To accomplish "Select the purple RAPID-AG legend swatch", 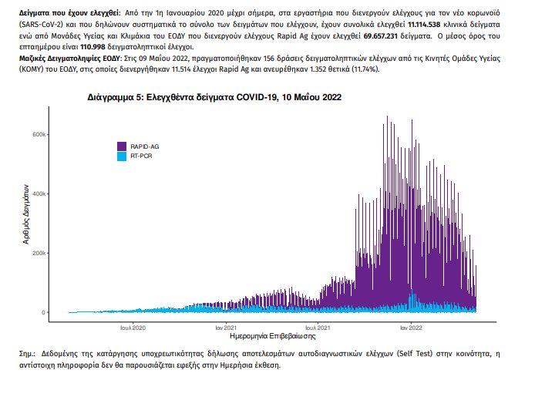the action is pyautogui.click(x=122, y=146).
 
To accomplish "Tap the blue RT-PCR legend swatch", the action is pyautogui.click(x=122, y=156).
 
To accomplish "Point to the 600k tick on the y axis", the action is pyautogui.click(x=39, y=134).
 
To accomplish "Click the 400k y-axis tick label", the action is pyautogui.click(x=39, y=193).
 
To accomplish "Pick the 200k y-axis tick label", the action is pyautogui.click(x=39, y=253).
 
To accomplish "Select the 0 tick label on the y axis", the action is pyautogui.click(x=43, y=312).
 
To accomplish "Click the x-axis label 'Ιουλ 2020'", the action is pyautogui.click(x=133, y=328).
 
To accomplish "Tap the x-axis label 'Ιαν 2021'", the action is pyautogui.click(x=226, y=328).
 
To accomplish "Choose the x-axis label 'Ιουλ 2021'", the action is pyautogui.click(x=318, y=328).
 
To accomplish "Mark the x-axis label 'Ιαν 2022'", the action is pyautogui.click(x=411, y=328).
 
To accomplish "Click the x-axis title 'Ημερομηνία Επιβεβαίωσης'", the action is pyautogui.click(x=273, y=336).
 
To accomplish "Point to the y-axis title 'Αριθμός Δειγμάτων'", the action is pyautogui.click(x=26, y=214).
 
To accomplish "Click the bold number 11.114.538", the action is pyautogui.click(x=424, y=25).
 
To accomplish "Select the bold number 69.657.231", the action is pyautogui.click(x=381, y=35).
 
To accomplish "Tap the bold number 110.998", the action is pyautogui.click(x=93, y=47).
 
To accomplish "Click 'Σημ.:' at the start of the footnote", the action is pyautogui.click(x=28, y=354).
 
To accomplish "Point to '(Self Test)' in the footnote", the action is pyautogui.click(x=415, y=354).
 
